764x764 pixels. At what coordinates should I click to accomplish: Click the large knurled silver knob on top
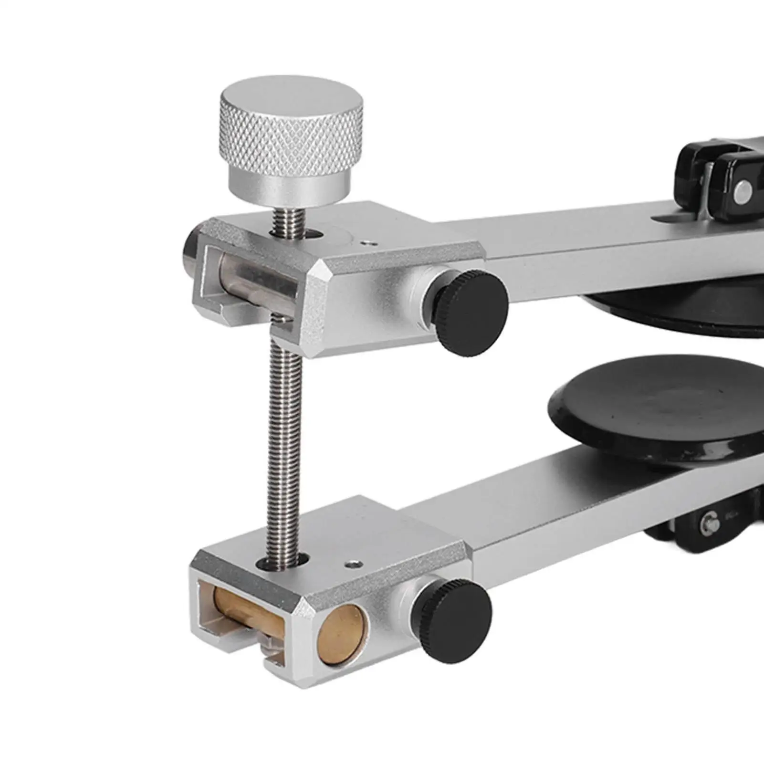tap(290, 138)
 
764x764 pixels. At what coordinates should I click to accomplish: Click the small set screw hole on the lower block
tap(352, 565)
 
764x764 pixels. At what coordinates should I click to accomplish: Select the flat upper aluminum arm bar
tap(597, 243)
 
